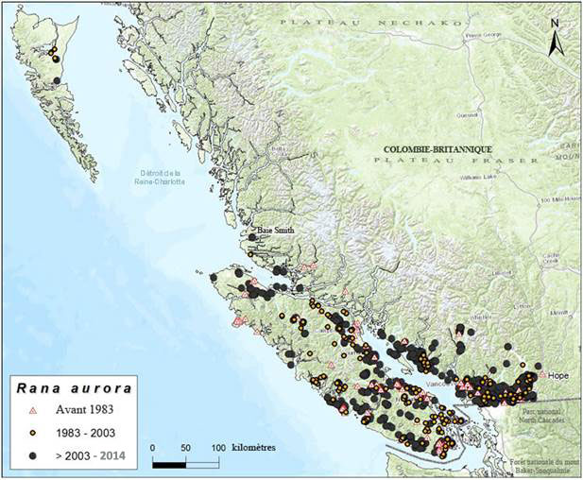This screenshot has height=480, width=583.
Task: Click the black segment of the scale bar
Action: tap(170, 463)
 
